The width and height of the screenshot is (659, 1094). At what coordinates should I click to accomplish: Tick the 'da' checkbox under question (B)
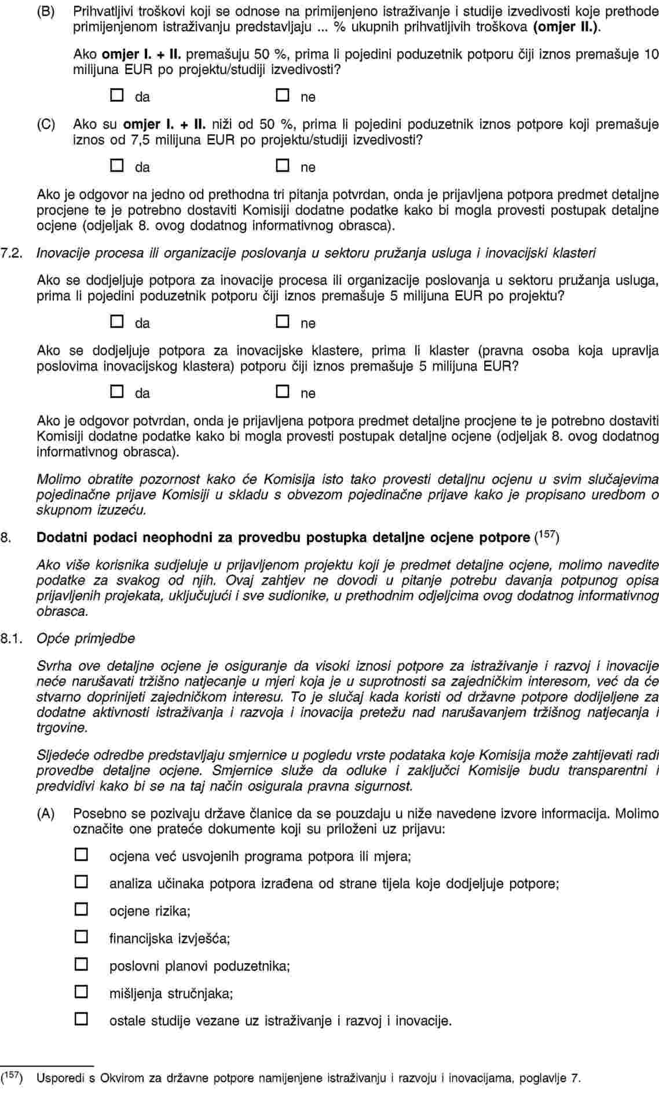[x=117, y=96]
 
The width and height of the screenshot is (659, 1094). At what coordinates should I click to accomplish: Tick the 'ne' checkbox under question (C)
[x=282, y=166]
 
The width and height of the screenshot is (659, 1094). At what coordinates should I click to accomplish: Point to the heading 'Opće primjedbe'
[x=86, y=638]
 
